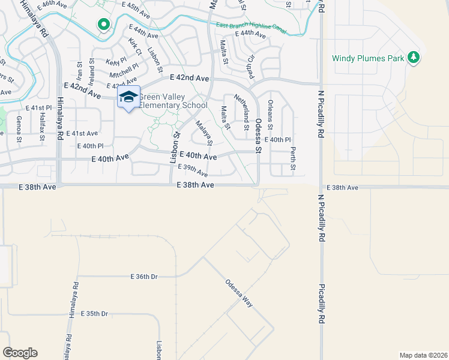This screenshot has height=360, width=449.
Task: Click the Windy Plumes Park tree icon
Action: tap(413, 58)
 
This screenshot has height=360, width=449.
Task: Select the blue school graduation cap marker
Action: tap(128, 97)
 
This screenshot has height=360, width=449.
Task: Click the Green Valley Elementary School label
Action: tap(173, 101)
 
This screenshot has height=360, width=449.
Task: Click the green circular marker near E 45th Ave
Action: tap(103, 25)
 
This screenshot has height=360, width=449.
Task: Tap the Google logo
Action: tap(20, 353)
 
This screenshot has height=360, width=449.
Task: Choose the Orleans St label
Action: tap(270, 115)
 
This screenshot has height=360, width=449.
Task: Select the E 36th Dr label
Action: tap(144, 277)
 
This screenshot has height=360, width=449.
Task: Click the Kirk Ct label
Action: tap(135, 47)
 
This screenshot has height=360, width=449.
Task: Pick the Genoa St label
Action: tap(19, 130)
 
